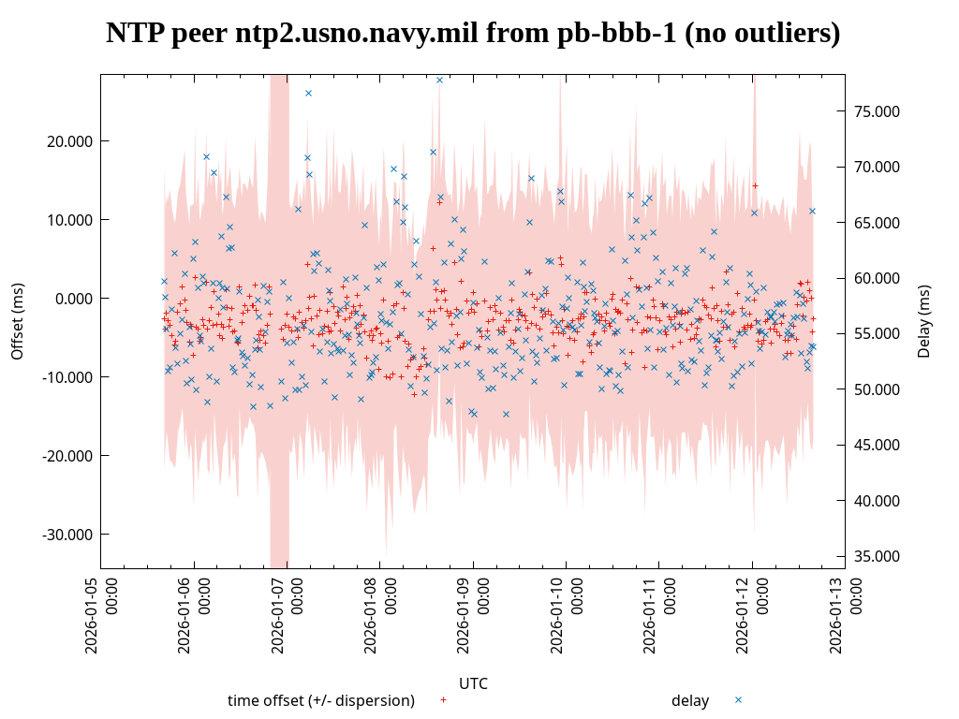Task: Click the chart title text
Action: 473,33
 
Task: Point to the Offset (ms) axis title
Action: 17,321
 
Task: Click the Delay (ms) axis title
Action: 924,321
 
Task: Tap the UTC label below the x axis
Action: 473,683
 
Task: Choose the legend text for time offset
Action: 320,700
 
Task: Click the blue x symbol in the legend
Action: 738,699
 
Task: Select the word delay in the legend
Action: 690,700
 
